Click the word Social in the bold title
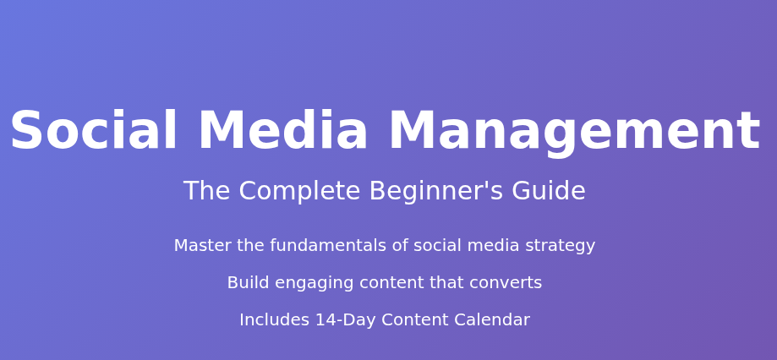[x=94, y=130]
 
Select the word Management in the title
[x=575, y=133]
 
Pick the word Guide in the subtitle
[x=549, y=191]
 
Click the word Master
[x=203, y=246]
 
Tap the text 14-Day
[x=346, y=321]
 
